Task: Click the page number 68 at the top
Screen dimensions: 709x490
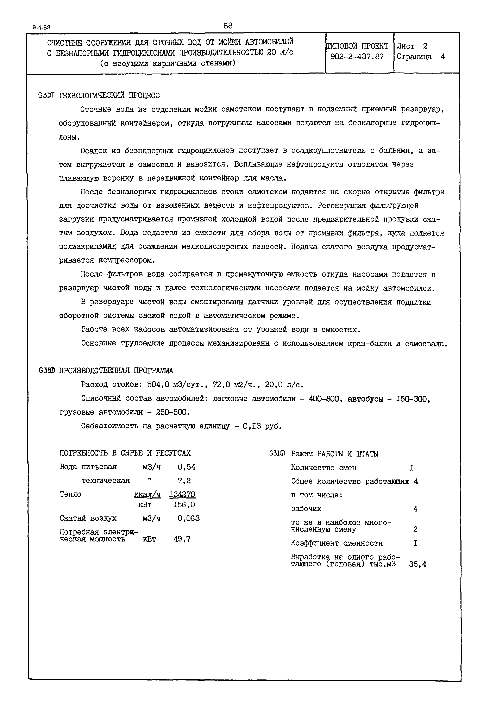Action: click(x=228, y=26)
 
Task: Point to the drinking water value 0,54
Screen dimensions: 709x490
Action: click(x=186, y=467)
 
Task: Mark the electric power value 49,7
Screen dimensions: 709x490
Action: click(x=182, y=539)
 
